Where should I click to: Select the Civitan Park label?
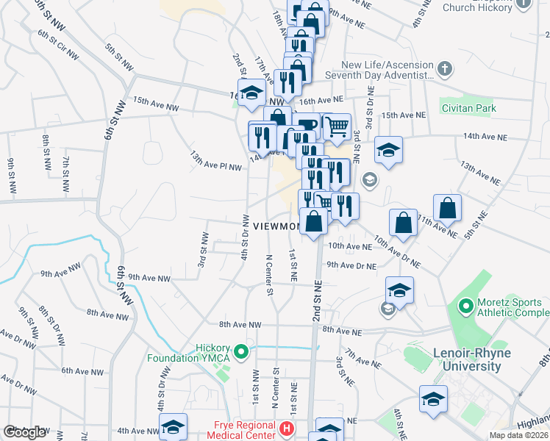tap(469, 108)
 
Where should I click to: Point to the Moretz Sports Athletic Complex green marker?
tap(465, 304)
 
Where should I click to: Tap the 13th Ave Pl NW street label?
tap(217, 162)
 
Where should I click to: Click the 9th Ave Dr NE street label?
tap(351, 265)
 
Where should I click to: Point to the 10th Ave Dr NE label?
tap(396, 251)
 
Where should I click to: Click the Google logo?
tap(24, 432)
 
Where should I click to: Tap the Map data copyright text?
tap(518, 435)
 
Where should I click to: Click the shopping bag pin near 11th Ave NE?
tap(447, 209)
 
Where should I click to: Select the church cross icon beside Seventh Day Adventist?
tap(444, 70)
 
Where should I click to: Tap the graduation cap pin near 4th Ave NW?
tap(173, 426)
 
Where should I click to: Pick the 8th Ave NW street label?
tap(240, 324)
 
